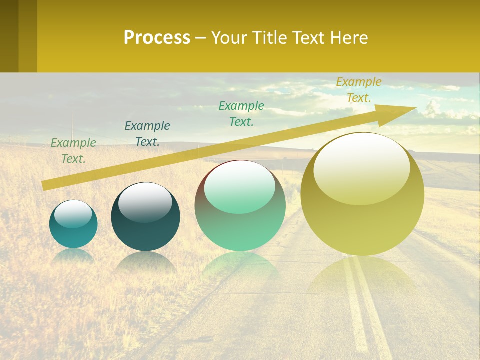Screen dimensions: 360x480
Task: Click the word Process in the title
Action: point(157,38)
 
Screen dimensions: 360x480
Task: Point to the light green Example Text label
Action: point(73,151)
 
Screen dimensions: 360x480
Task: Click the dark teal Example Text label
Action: point(147,134)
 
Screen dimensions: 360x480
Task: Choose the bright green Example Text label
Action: point(241,113)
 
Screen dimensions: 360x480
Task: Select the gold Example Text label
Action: point(359,90)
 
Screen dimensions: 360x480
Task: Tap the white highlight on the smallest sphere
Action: point(73,214)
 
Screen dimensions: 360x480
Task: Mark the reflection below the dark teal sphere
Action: point(145,262)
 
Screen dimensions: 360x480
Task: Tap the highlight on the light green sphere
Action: point(240,186)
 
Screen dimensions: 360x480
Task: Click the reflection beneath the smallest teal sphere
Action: point(73,255)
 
